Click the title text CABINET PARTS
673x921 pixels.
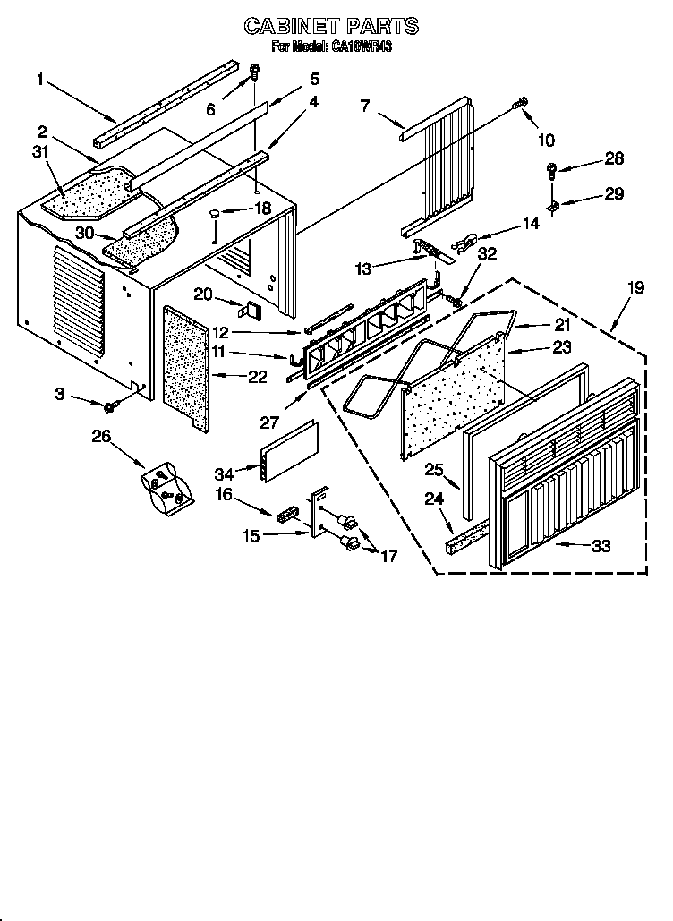click(x=331, y=27)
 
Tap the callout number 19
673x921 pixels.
click(x=635, y=288)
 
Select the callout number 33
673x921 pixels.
click(x=601, y=545)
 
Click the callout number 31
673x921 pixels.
click(x=39, y=152)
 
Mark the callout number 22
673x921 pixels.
click(x=257, y=378)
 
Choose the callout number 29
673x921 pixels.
click(x=614, y=193)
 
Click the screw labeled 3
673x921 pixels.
click(x=111, y=408)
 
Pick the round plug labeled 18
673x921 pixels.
click(x=216, y=213)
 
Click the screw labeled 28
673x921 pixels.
click(x=553, y=168)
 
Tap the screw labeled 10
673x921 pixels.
click(x=519, y=106)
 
